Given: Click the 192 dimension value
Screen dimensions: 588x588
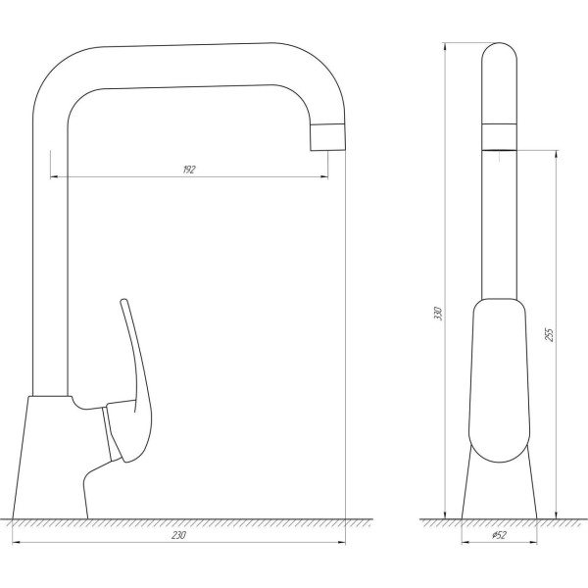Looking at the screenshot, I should tap(189, 170).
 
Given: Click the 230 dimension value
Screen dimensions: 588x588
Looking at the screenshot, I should tap(178, 535).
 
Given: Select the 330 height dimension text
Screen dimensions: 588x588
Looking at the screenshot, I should tap(438, 315).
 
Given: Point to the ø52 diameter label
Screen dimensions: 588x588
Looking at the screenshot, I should tap(498, 535).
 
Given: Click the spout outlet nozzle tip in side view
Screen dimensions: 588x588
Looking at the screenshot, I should tap(328, 137).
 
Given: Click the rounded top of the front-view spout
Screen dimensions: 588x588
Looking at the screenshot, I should tap(499, 59).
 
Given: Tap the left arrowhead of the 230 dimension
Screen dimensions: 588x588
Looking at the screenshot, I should tap(16, 543).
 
